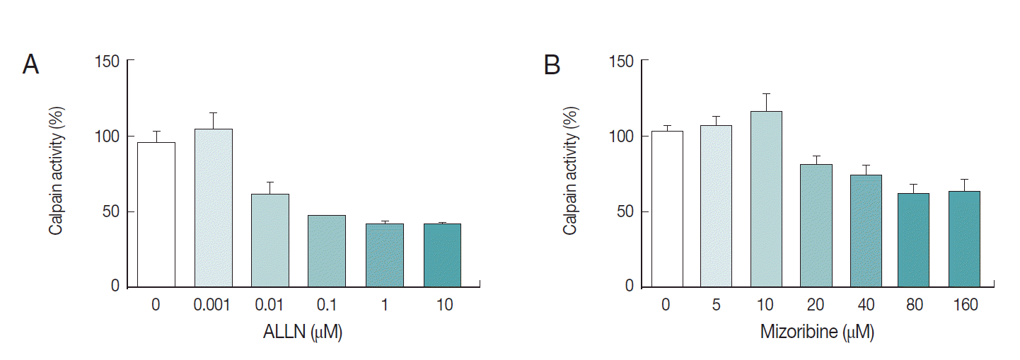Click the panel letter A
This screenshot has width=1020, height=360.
[30, 65]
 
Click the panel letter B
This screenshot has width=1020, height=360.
[552, 65]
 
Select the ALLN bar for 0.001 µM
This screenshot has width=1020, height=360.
[214, 208]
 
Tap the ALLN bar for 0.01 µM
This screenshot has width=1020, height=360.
[270, 240]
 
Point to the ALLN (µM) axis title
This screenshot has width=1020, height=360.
[303, 332]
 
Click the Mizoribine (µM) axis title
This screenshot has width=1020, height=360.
[817, 332]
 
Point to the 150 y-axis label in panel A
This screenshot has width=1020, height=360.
[108, 62]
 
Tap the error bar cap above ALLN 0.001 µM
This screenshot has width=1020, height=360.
[214, 113]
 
